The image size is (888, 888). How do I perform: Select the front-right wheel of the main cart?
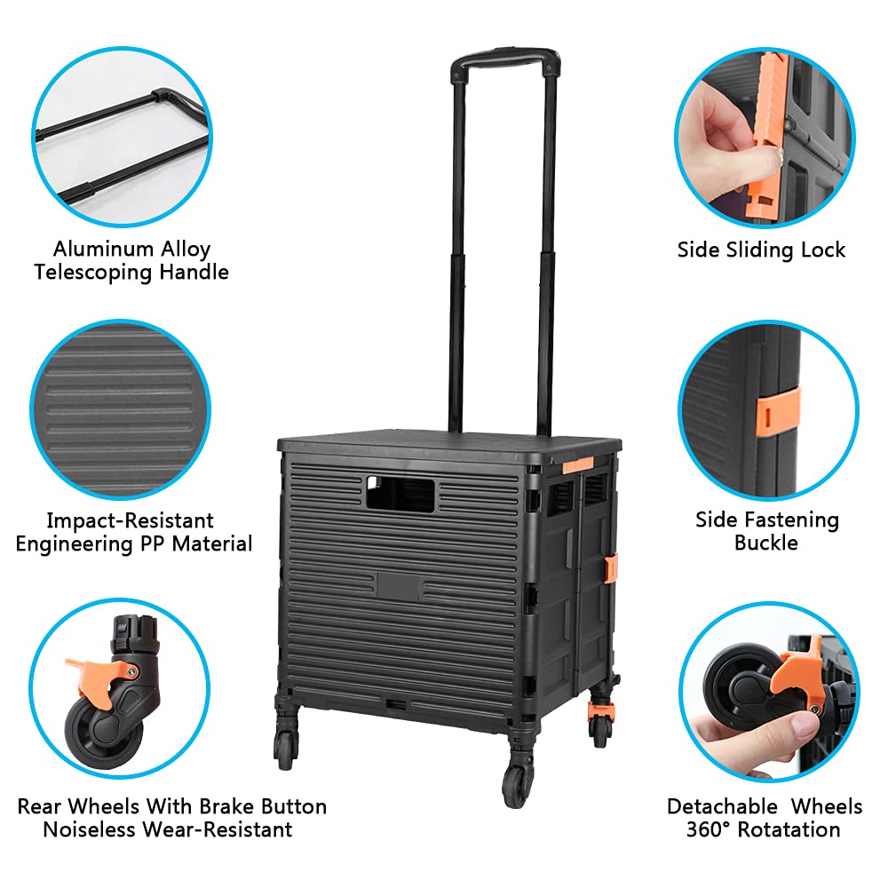518,781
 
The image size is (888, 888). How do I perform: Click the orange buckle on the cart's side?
611,568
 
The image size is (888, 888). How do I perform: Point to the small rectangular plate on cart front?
405,583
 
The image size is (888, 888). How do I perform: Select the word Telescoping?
92,272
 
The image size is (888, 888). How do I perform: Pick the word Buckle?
765,542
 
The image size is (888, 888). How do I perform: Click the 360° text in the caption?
707,829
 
